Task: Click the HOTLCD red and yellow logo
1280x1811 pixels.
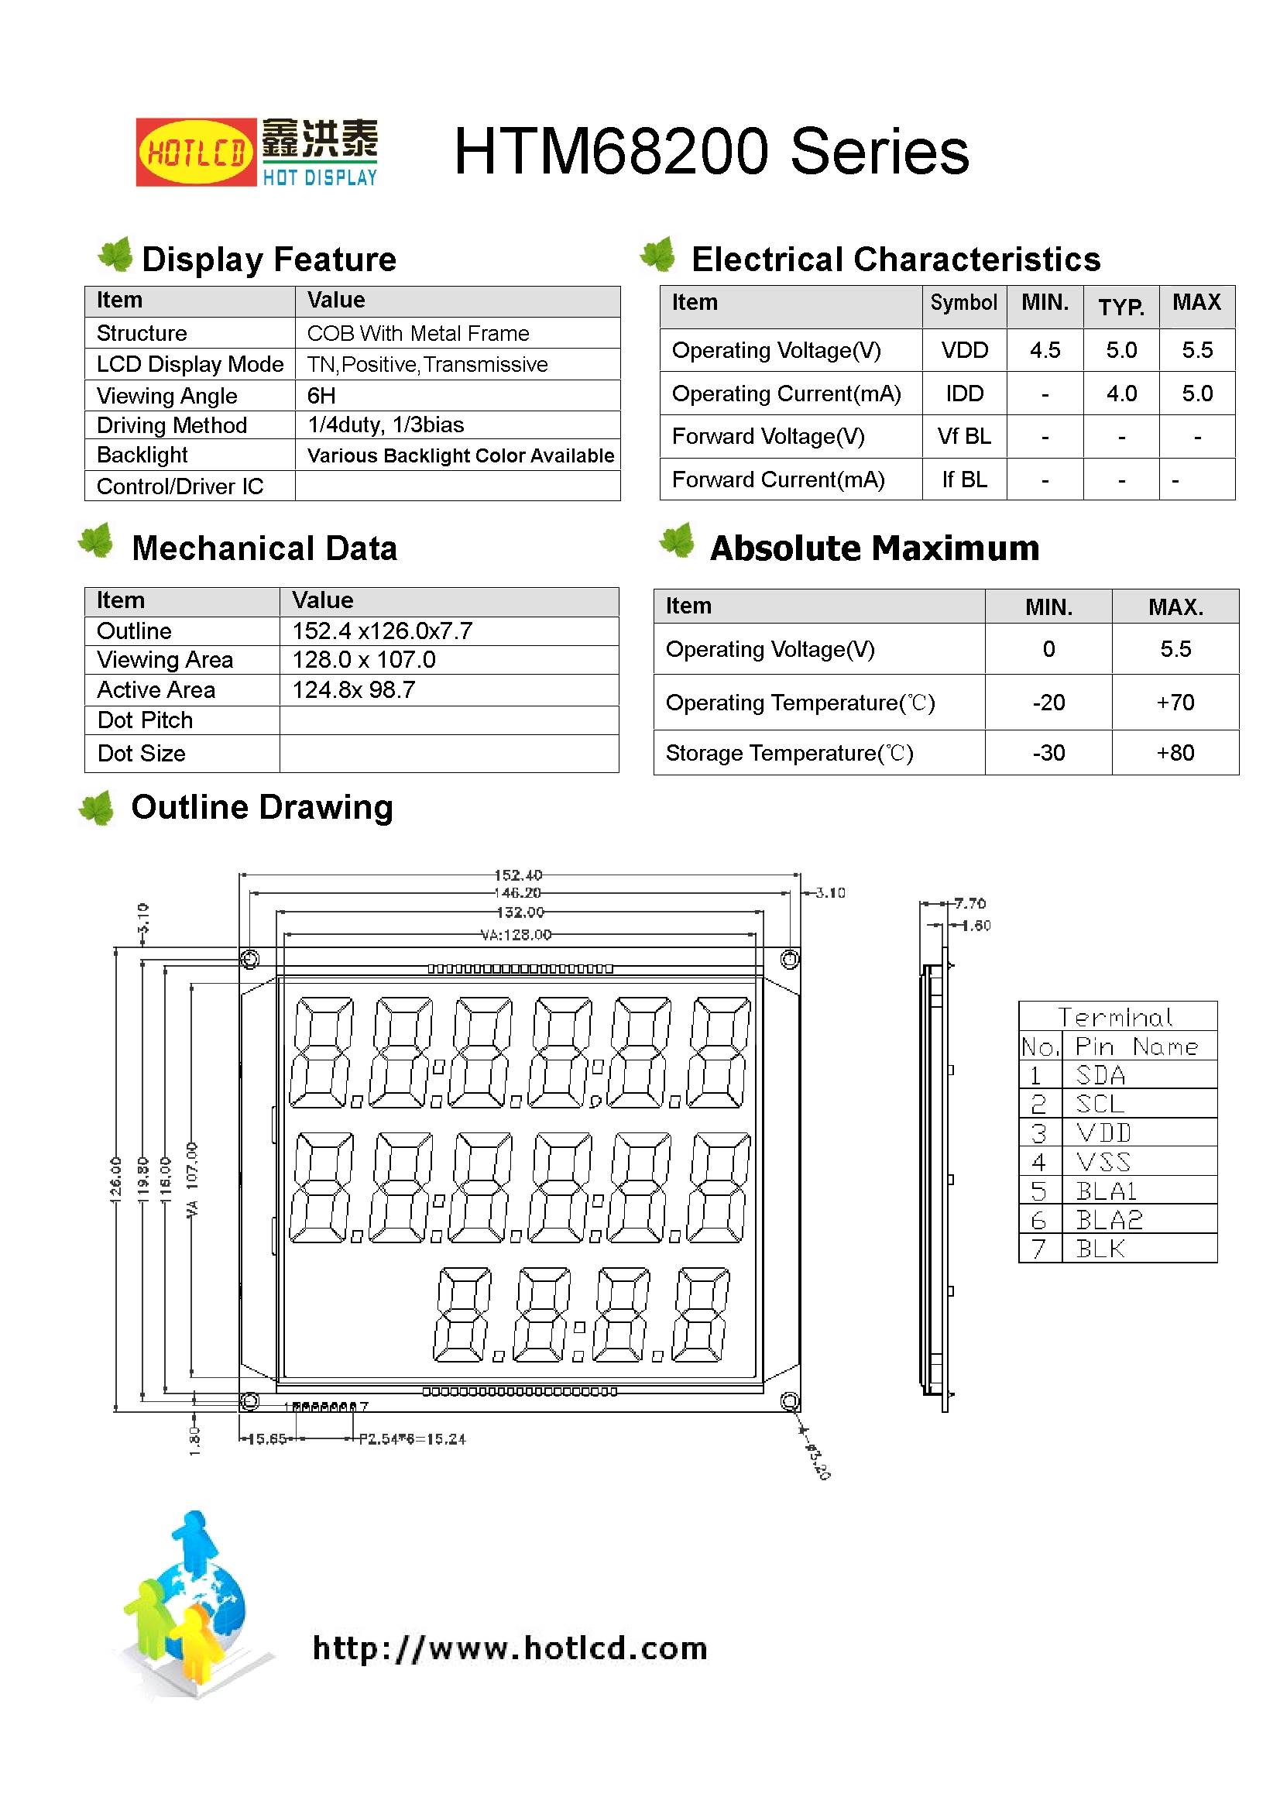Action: coord(196,153)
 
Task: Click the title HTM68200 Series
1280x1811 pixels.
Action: coord(711,152)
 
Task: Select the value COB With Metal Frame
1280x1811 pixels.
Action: coord(418,334)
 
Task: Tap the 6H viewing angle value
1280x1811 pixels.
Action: coord(321,395)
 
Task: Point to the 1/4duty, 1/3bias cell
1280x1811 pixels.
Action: coord(386,425)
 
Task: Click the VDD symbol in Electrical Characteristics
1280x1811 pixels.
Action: coord(964,350)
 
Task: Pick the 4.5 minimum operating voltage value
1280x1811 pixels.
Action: coord(1044,350)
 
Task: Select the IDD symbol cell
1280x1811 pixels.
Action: coord(964,393)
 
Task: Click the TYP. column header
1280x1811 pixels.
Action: coord(1120,307)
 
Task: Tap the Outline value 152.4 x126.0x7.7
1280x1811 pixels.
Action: coord(383,631)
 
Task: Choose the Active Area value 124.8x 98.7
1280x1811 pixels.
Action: coord(353,690)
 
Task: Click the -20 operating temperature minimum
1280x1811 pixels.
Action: coord(1048,703)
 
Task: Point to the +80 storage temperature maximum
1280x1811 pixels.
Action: coord(1175,753)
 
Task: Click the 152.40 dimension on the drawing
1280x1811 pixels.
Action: coord(518,875)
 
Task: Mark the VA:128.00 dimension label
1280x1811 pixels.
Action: coord(516,936)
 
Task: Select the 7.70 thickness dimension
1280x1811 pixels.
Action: coord(969,904)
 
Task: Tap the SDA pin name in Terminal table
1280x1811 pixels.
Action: coord(1100,1076)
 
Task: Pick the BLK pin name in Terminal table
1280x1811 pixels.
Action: coord(1100,1249)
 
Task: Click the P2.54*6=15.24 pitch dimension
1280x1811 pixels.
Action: coord(413,1439)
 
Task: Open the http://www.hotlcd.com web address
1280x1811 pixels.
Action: coord(510,1648)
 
